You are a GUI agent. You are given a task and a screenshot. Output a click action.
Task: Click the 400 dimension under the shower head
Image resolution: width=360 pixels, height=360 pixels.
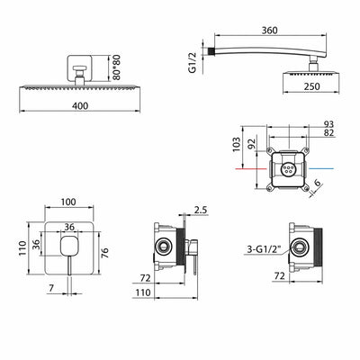coord(80,106)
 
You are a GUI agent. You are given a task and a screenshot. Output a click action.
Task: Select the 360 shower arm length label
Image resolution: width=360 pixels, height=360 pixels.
coord(269,31)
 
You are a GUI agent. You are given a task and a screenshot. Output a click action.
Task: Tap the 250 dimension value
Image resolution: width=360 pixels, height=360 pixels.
coord(311,86)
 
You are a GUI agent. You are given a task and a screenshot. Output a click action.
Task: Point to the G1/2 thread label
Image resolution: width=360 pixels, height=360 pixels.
coord(193,62)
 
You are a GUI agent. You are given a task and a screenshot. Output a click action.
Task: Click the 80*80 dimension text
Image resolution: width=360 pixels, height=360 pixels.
coord(116,67)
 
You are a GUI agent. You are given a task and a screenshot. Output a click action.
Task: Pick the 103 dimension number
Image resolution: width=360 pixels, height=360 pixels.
coord(237,144)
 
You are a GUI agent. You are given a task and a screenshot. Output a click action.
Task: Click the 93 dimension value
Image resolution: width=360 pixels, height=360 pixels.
coord(328,124)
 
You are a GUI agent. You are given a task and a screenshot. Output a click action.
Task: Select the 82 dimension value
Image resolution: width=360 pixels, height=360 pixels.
coord(328,132)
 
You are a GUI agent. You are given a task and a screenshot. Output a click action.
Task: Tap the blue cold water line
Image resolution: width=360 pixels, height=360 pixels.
coord(321,168)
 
